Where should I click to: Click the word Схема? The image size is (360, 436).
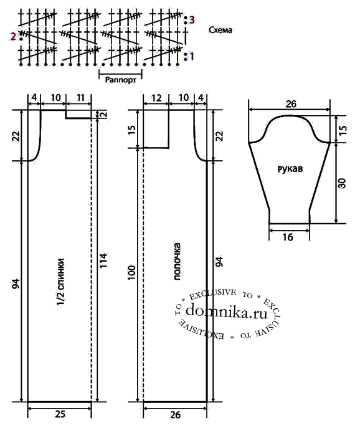[220, 30]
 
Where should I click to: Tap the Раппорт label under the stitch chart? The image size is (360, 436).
[121, 80]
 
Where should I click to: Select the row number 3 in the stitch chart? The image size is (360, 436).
[192, 20]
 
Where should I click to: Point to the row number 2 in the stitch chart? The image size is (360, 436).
[13, 36]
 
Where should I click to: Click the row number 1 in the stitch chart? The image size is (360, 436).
[192, 57]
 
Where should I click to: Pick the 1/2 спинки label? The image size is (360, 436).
[61, 282]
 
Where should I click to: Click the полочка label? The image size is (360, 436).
[177, 262]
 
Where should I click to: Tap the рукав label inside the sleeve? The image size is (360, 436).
[290, 169]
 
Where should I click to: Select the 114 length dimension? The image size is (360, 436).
[103, 260]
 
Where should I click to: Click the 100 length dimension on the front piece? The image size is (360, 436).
[132, 273]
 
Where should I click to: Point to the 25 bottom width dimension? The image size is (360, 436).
[60, 414]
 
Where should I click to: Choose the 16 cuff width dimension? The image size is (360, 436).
[288, 237]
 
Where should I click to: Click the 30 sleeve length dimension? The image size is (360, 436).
[342, 183]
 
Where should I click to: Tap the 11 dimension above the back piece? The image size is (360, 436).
[80, 98]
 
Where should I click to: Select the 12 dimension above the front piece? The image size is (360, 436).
[156, 98]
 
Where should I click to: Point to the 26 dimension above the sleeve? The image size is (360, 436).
[291, 104]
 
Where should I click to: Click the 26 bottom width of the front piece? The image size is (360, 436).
[175, 415]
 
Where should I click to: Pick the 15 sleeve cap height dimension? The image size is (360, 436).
[343, 130]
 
